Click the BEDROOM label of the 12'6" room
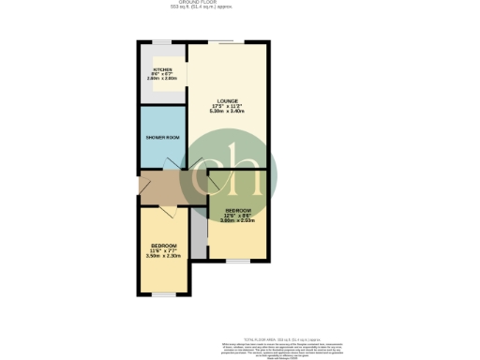click(237, 210)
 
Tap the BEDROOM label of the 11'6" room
click(163, 246)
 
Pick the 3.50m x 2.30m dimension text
click(163, 256)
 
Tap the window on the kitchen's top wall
click(161, 42)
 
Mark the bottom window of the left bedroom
click(164, 294)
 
